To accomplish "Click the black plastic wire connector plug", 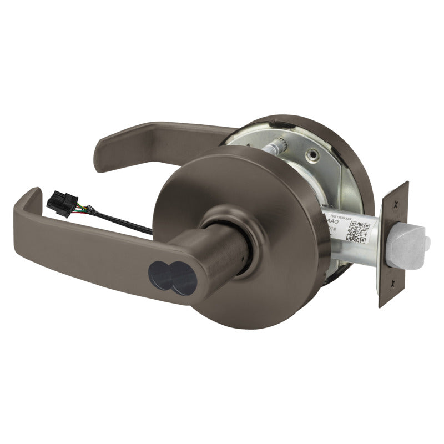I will pos(62,203).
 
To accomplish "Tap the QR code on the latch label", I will pos(355,231).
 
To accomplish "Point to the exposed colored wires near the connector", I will pos(83,210).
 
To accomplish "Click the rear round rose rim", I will pos(344,144).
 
